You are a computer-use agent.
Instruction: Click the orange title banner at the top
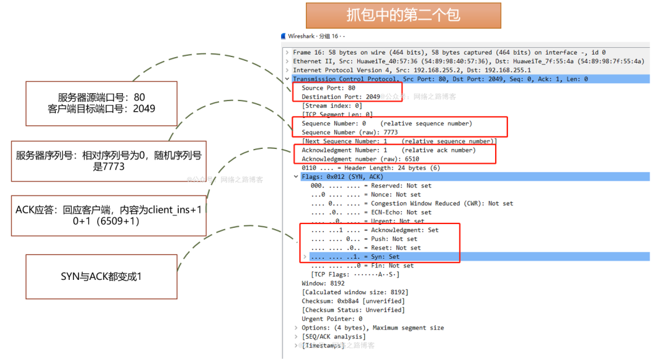point(403,15)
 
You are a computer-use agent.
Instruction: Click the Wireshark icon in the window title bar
point(284,36)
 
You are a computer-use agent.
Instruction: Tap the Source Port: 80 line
point(328,88)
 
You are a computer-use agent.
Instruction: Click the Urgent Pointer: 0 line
point(332,319)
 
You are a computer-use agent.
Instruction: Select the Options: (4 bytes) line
point(372,328)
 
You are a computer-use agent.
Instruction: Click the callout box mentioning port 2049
point(101,103)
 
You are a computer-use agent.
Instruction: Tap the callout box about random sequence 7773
point(109,161)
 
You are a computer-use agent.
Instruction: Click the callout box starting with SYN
point(101,276)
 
